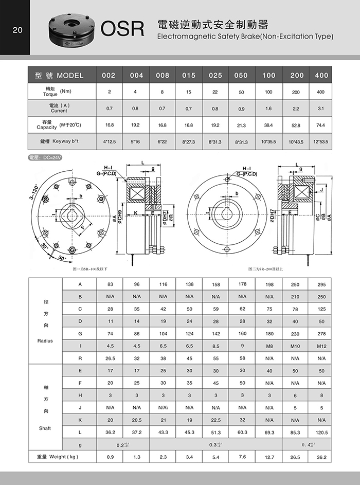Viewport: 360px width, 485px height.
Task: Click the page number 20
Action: [17, 30]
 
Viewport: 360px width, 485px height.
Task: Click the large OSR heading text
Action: [122, 29]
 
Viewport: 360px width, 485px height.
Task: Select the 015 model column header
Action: [189, 76]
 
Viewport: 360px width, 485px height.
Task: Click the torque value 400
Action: [321, 92]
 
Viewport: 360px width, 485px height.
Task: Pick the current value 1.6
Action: [268, 109]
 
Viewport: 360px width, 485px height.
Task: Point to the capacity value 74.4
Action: [321, 125]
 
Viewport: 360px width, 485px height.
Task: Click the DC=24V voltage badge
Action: [46, 158]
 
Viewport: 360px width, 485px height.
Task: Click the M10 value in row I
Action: [295, 346]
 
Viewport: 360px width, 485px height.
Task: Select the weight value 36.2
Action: [321, 457]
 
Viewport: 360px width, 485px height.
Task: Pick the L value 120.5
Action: [321, 433]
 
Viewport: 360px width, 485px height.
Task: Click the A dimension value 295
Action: [321, 284]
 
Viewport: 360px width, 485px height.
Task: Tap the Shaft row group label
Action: [45, 428]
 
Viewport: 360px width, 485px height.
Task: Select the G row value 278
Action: [321, 334]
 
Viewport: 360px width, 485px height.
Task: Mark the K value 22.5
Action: [215, 420]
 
